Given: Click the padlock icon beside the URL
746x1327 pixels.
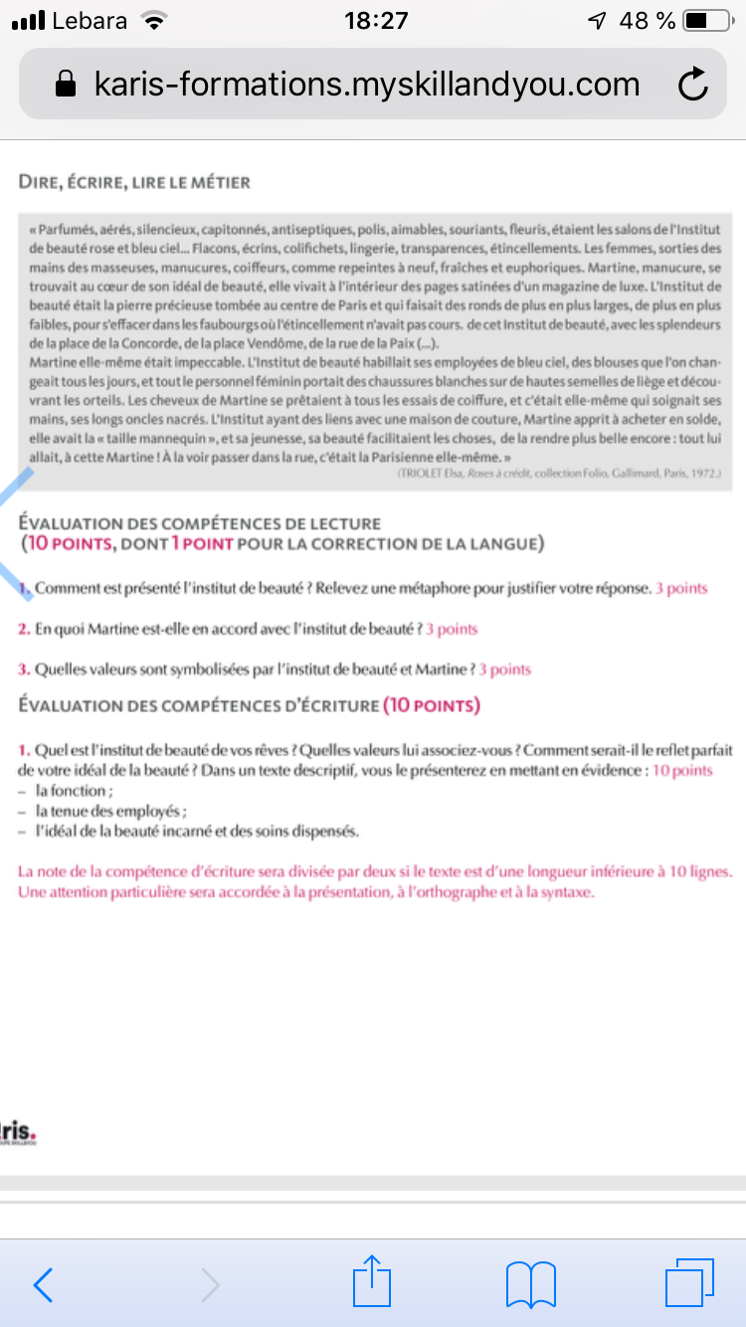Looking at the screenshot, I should (66, 85).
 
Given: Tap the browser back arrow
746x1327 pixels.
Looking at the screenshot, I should (43, 1284).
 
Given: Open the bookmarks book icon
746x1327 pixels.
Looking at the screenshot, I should (530, 1284).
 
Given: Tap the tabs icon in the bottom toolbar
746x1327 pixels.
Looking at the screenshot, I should (689, 1283).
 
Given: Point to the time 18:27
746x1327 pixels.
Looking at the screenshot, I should (375, 21).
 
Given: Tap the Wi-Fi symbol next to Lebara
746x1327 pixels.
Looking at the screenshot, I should (153, 21).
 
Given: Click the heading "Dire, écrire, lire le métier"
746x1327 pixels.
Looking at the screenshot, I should (134, 182).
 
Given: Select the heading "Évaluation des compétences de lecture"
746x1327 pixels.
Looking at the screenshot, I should (200, 523).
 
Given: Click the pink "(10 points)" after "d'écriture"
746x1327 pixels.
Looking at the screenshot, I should (431, 705).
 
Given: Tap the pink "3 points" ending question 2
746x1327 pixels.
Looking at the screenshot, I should (452, 629).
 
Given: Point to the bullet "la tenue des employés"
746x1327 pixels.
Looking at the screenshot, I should (110, 811).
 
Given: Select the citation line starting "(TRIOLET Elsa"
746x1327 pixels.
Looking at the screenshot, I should (557, 476).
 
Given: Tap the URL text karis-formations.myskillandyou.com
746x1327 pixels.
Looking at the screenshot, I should (367, 85).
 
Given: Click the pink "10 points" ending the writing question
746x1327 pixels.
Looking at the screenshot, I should (682, 771).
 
